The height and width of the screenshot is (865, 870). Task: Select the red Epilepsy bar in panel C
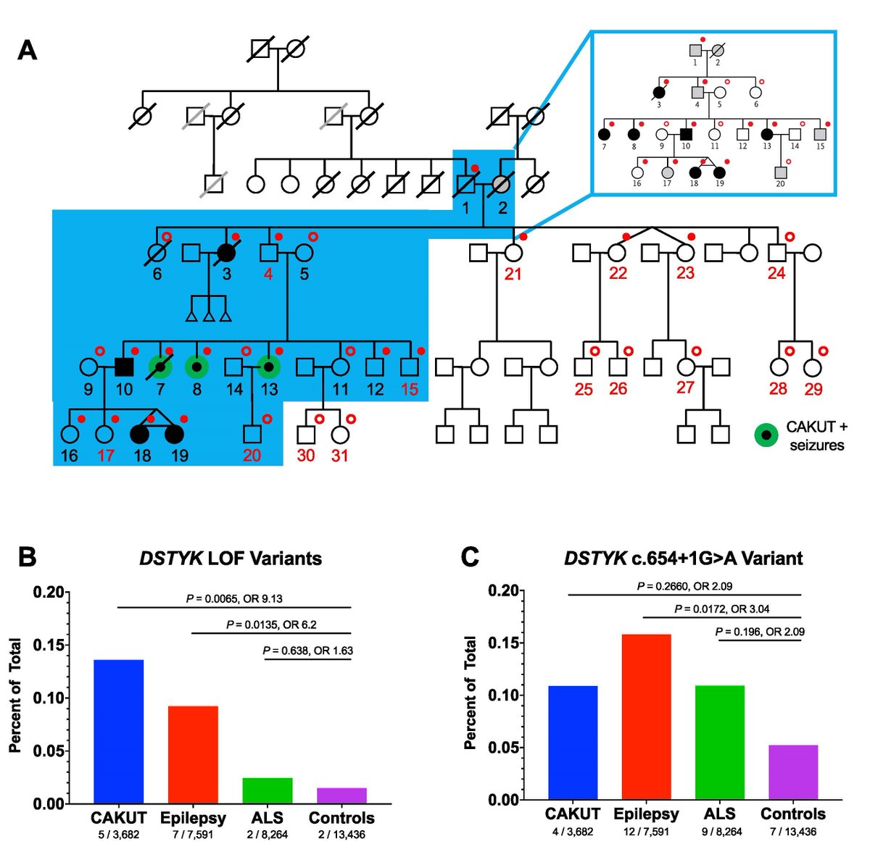click(x=647, y=716)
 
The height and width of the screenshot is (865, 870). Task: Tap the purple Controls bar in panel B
click(x=341, y=795)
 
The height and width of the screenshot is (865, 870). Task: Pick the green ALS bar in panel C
click(x=720, y=742)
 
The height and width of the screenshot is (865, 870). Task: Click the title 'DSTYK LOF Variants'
click(x=230, y=558)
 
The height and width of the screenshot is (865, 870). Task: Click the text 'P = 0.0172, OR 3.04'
click(x=722, y=609)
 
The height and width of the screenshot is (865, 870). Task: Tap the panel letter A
click(x=28, y=50)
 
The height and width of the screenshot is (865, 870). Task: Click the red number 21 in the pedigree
click(x=513, y=274)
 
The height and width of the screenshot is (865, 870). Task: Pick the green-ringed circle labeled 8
click(x=196, y=367)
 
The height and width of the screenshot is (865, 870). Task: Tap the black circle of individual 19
click(x=174, y=435)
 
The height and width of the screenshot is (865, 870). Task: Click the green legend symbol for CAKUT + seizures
click(x=766, y=435)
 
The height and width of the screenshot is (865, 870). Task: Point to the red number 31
click(x=340, y=456)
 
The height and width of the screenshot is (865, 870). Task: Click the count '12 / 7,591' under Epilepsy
click(x=646, y=832)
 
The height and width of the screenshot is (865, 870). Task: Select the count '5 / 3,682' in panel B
click(x=118, y=835)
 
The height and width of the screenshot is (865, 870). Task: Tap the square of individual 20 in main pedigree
click(x=252, y=435)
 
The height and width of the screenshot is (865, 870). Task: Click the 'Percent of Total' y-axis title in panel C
click(x=471, y=692)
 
